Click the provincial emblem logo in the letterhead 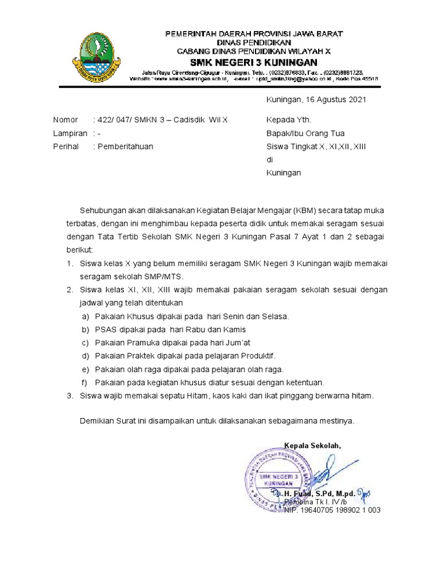click(x=95, y=57)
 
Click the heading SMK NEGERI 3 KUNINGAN click(x=255, y=62)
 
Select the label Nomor click(x=65, y=120)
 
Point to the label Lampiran click(x=70, y=133)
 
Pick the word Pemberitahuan click(x=125, y=146)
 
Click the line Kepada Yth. click(x=289, y=120)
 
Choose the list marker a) click(x=85, y=316)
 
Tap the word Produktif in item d click(x=257, y=355)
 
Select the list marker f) click(x=84, y=382)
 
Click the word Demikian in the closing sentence click(x=95, y=420)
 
